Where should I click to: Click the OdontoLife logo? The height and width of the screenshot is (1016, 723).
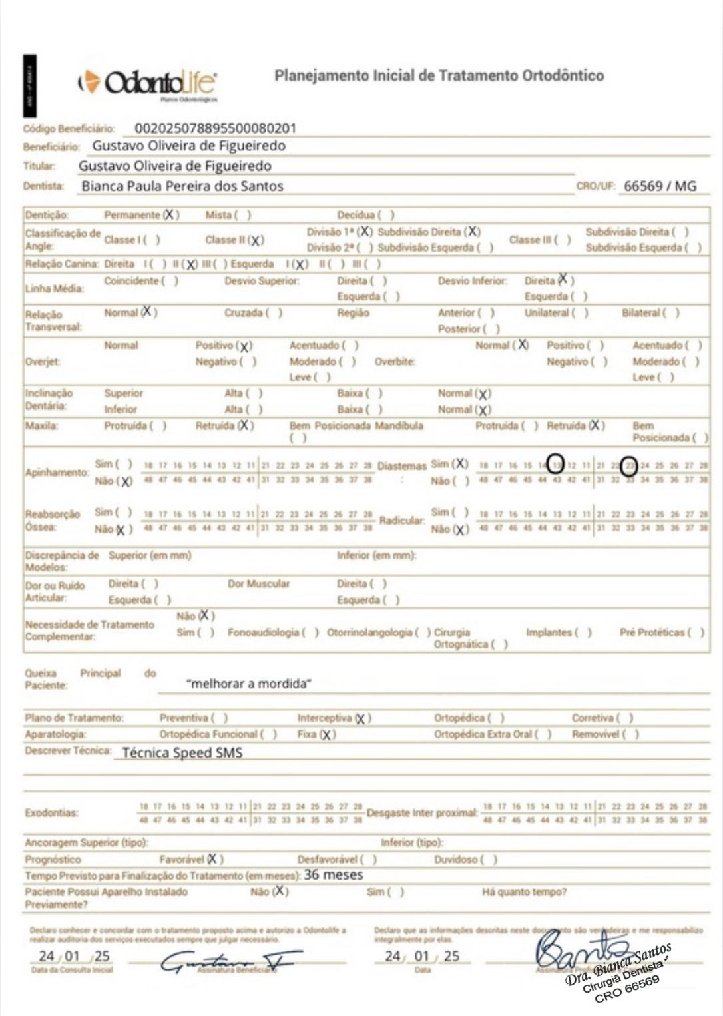(148, 83)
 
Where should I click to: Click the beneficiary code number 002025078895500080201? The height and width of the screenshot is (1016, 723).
(215, 128)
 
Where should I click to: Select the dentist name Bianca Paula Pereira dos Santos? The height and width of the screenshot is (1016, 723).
(182, 186)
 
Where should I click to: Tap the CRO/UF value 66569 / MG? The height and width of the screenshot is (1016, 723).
(660, 186)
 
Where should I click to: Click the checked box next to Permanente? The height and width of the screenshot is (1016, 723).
(172, 215)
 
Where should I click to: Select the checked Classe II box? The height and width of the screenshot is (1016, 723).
(256, 240)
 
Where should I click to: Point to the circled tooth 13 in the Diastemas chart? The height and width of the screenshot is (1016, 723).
(557, 465)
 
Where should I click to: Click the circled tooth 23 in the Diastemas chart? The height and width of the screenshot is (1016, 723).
(630, 465)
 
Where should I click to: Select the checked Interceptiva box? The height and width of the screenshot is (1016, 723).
(361, 718)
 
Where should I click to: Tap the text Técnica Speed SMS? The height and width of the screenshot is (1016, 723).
(182, 753)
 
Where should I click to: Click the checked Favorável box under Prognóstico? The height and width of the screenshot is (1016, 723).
(214, 859)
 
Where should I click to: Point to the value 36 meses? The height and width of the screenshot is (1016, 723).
(334, 875)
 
